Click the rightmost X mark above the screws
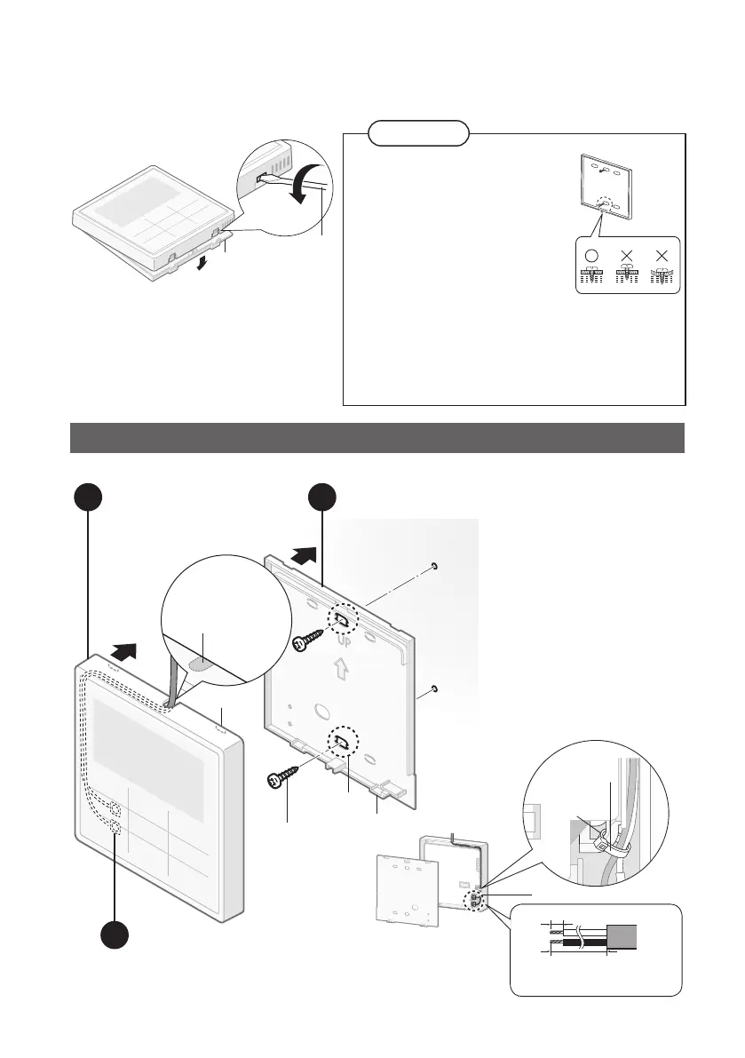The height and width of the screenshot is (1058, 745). pos(662,252)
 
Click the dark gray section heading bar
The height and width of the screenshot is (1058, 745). pos(377,438)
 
